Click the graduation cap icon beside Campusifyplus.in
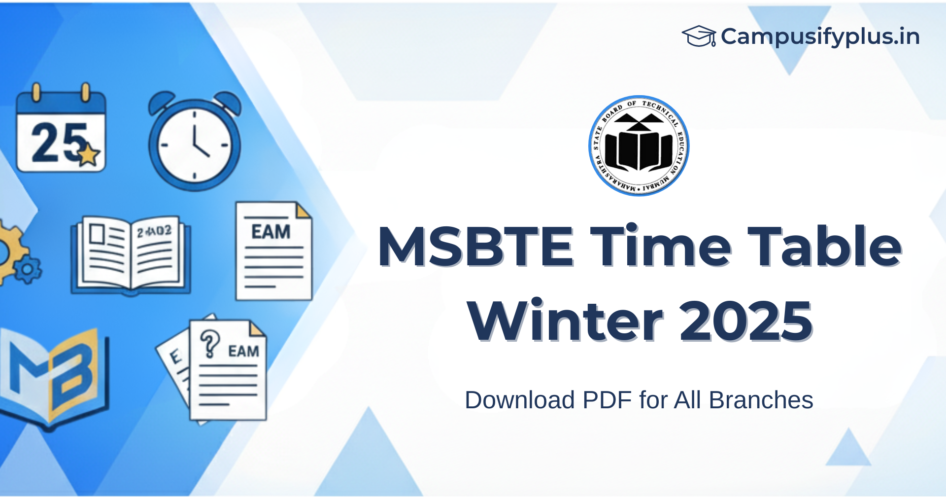tap(699, 36)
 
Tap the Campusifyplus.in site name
tap(820, 36)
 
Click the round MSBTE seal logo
tap(639, 146)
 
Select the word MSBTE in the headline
tap(475, 246)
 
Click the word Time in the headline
tap(660, 246)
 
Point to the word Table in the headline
tap(824, 246)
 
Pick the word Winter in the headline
tap(565, 321)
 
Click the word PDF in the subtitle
tap(607, 400)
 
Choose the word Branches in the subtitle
tap(761, 400)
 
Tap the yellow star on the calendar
tap(89, 154)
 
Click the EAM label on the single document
tap(270, 232)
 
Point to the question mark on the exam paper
tap(210, 343)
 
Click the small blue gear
tap(28, 269)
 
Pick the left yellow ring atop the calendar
tap(35, 92)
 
